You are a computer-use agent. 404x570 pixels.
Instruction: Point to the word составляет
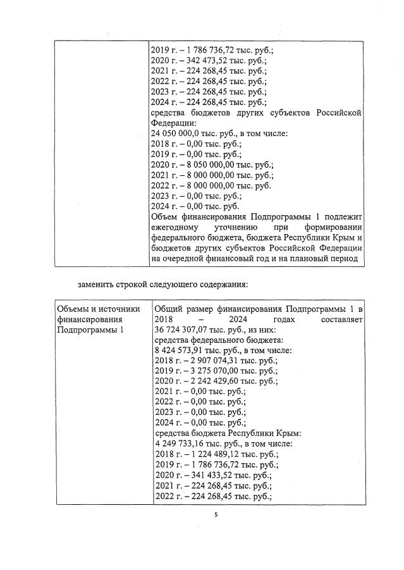click(x=341, y=319)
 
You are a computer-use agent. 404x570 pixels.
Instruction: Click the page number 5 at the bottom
click(x=216, y=515)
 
